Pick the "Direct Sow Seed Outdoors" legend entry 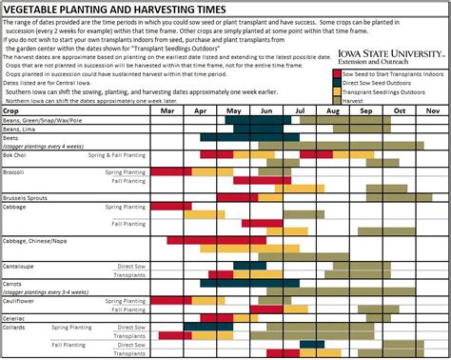(381, 80)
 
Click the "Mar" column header (167, 111)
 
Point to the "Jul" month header (300, 111)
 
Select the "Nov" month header (432, 111)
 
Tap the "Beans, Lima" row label (25, 129)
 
